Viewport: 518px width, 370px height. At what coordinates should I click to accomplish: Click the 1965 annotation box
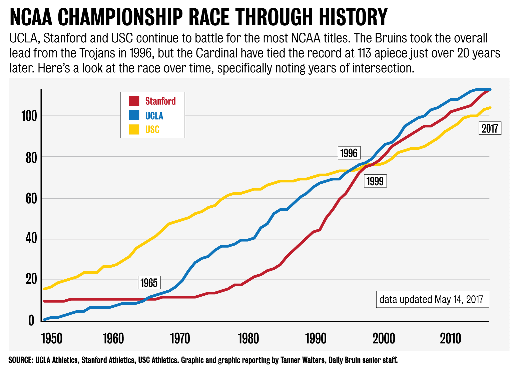coord(149,283)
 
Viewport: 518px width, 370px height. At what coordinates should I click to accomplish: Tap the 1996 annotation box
coord(349,153)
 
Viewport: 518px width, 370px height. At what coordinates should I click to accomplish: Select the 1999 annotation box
coord(375,181)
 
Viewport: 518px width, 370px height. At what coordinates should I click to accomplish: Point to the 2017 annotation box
coord(490,128)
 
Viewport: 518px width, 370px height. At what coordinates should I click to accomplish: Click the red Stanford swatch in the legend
coord(134,101)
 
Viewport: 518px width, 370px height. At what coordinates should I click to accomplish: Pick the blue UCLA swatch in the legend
coord(134,115)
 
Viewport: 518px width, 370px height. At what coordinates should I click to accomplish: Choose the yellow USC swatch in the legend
coord(134,129)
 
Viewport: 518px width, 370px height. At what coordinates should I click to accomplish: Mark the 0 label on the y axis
coord(31,321)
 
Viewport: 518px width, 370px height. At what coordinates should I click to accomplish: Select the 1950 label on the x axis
coord(52,339)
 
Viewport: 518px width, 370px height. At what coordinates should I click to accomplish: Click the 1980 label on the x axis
coord(248,339)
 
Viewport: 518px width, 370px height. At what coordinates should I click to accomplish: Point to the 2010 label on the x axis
coord(450,339)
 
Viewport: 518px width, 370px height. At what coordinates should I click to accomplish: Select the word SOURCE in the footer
coord(20,360)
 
